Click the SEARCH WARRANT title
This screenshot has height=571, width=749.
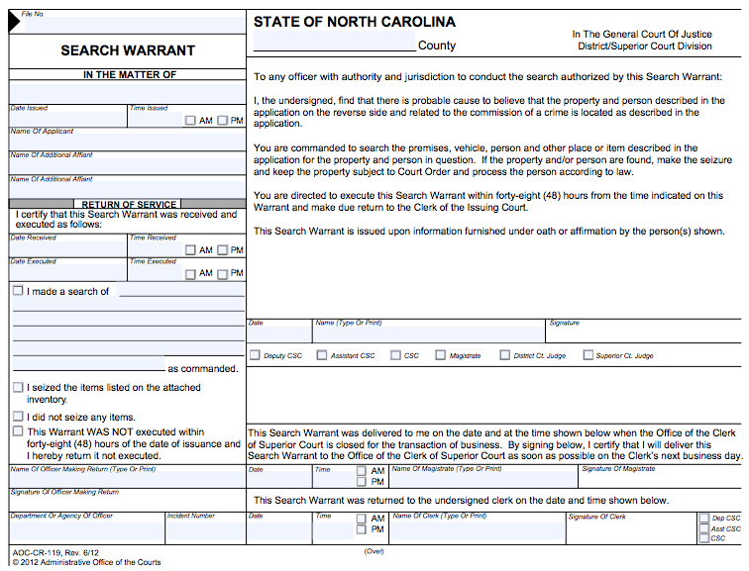pyautogui.click(x=128, y=50)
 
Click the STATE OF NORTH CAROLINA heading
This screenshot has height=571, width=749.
pyautogui.click(x=354, y=22)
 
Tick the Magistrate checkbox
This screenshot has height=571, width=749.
pyautogui.click(x=441, y=355)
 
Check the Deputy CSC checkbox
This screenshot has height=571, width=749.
pyautogui.click(x=256, y=355)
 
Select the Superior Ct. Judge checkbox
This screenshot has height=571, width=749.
pyautogui.click(x=588, y=355)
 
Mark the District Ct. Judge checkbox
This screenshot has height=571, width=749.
pyautogui.click(x=505, y=355)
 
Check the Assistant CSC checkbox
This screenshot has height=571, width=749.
pyautogui.click(x=321, y=355)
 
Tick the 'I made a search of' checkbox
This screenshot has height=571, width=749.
pyautogui.click(x=18, y=291)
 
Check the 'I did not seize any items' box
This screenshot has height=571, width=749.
pyautogui.click(x=18, y=417)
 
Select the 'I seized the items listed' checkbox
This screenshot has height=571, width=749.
pyautogui.click(x=18, y=387)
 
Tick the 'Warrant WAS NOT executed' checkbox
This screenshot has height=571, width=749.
pyautogui.click(x=18, y=431)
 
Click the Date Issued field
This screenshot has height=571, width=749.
pyautogui.click(x=67, y=120)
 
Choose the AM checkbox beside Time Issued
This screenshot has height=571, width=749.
pyautogui.click(x=190, y=121)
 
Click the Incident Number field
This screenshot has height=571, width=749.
pyautogui.click(x=205, y=531)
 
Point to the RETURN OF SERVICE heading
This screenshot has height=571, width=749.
pyautogui.click(x=128, y=204)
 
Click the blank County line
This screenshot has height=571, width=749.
pyautogui.click(x=335, y=45)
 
